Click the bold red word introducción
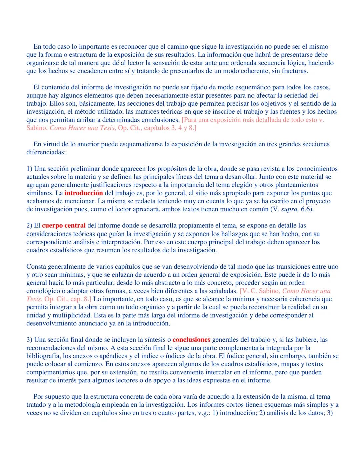coord(84,193)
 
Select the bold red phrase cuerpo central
coord(64,226)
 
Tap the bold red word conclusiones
coord(192,340)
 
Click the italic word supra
coord(291,209)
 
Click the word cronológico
coord(43,291)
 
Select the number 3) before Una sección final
coord(29,340)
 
